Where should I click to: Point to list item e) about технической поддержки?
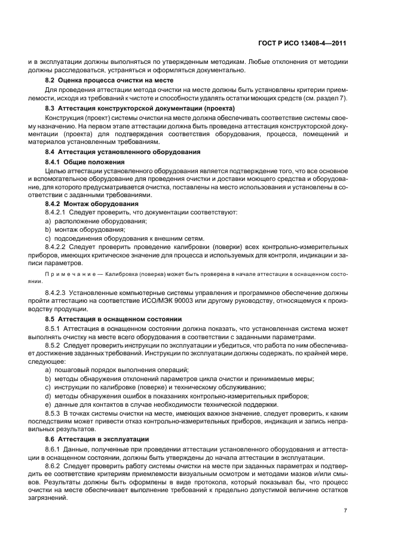(x=161, y=404)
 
